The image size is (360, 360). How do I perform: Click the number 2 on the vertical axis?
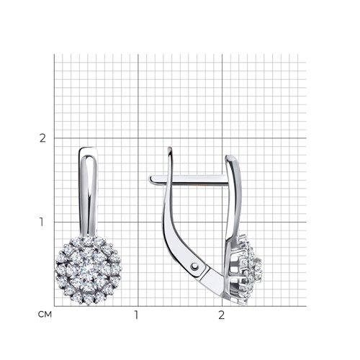coord(42,138)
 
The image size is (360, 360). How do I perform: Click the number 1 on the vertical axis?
coord(42,222)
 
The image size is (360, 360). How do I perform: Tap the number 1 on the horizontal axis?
coord(136,315)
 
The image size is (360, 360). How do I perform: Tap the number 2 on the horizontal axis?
coord(221,315)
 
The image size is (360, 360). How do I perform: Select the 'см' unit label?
coord(45,315)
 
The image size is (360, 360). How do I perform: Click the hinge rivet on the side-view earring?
coord(194,266)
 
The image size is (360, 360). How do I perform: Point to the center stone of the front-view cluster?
coord(89,270)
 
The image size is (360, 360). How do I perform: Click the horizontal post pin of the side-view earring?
coord(189,180)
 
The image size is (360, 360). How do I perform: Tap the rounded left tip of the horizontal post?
coord(150,179)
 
